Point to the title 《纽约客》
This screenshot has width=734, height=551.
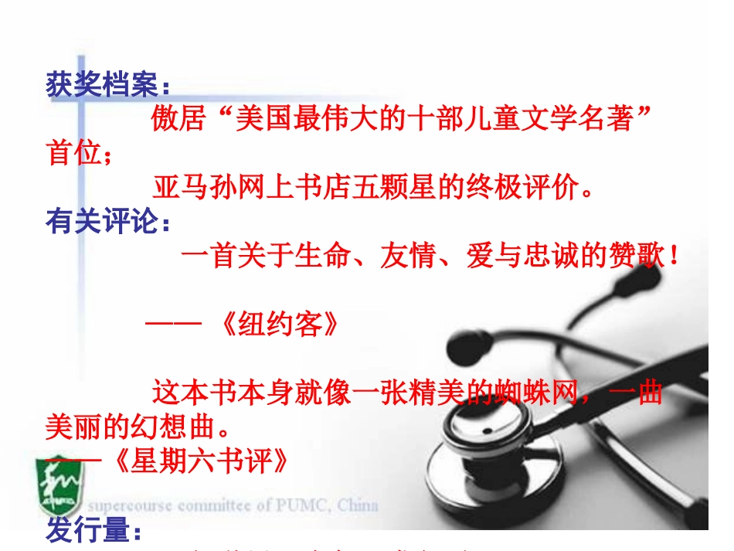point(277,325)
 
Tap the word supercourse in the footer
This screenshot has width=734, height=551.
point(131,506)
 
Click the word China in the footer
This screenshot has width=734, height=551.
point(357,506)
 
